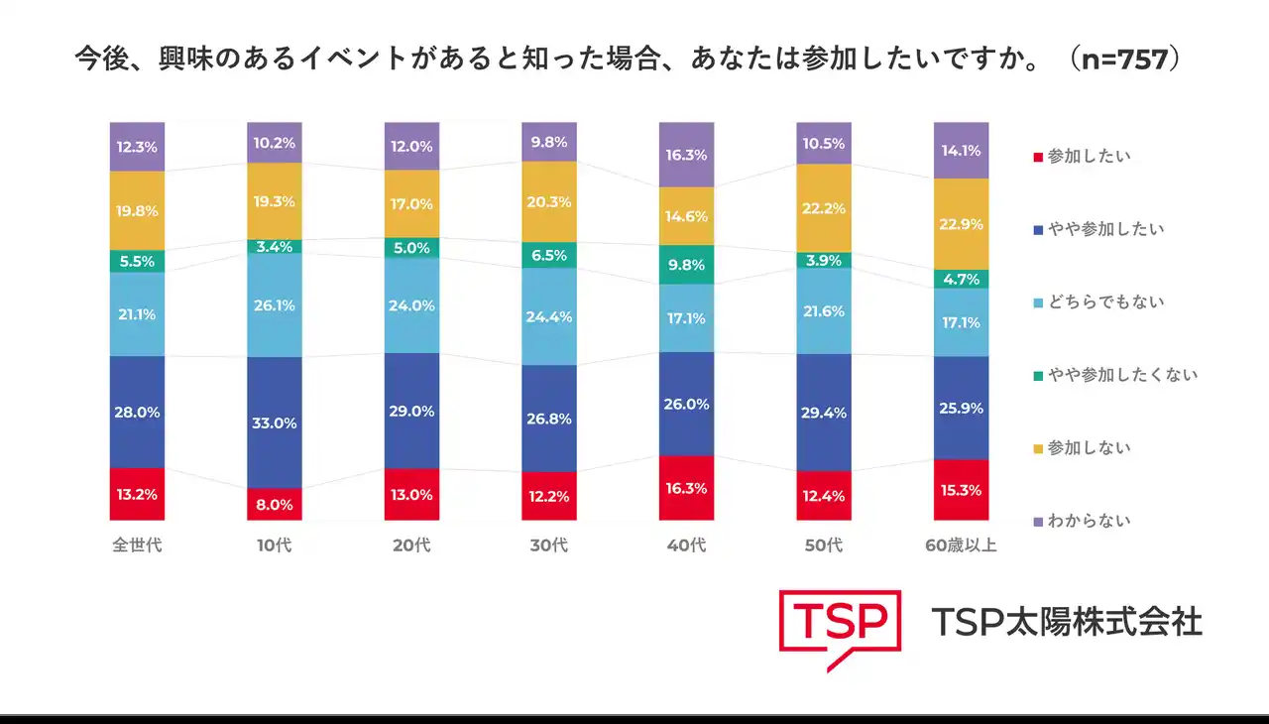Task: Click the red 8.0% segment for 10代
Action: pyautogui.click(x=275, y=504)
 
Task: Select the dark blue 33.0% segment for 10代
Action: pyautogui.click(x=275, y=422)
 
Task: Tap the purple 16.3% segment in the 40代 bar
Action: pyautogui.click(x=686, y=155)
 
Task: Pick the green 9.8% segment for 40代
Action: pyautogui.click(x=686, y=265)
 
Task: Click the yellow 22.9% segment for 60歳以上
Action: pyautogui.click(x=961, y=224)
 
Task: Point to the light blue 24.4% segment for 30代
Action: pyautogui.click(x=549, y=316)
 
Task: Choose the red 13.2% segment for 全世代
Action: pyautogui.click(x=137, y=494)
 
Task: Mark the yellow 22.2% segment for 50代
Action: pyautogui.click(x=824, y=207)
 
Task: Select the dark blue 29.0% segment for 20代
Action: pyautogui.click(x=411, y=411)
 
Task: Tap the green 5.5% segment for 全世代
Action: pyautogui.click(x=137, y=261)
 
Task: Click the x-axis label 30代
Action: pyautogui.click(x=549, y=545)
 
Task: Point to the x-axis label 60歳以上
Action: pyautogui.click(x=961, y=545)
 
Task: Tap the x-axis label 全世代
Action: pyautogui.click(x=137, y=545)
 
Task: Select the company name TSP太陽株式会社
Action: pyautogui.click(x=1067, y=622)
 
